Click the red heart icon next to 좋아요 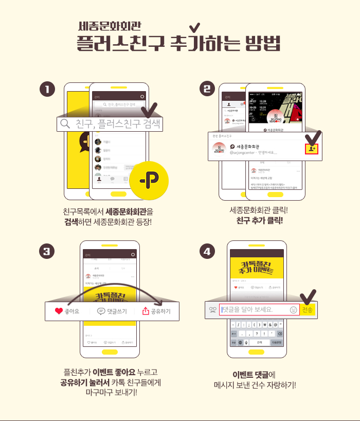(59, 311)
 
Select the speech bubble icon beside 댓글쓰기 (101, 311)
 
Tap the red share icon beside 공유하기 (145, 311)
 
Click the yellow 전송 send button (307, 310)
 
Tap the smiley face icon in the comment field (293, 310)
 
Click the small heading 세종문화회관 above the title (110, 26)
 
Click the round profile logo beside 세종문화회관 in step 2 (220, 148)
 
